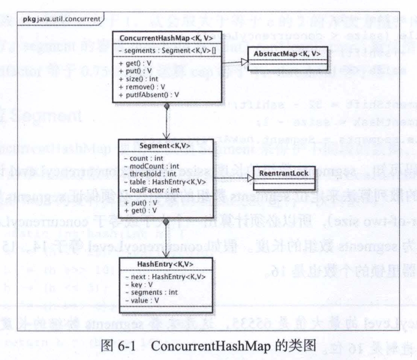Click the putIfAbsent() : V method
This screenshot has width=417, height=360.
[148, 95]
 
